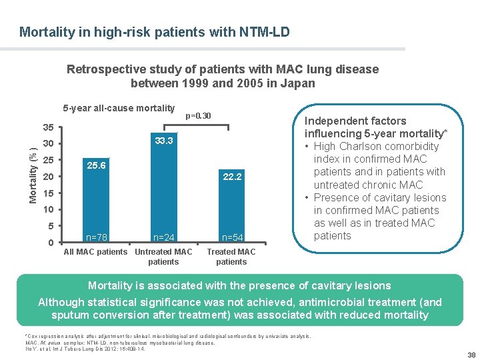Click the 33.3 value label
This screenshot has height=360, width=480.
(164, 141)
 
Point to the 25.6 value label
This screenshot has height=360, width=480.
(95, 165)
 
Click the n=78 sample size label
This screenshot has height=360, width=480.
(97, 237)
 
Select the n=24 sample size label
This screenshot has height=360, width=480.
(164, 237)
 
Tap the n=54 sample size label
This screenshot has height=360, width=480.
(232, 237)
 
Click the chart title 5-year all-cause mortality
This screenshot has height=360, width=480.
(119, 108)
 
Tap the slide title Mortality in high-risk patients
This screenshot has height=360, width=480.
(155, 31)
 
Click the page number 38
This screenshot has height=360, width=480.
(471, 355)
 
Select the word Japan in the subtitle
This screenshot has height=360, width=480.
(299, 83)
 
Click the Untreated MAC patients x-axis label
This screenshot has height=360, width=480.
(163, 257)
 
